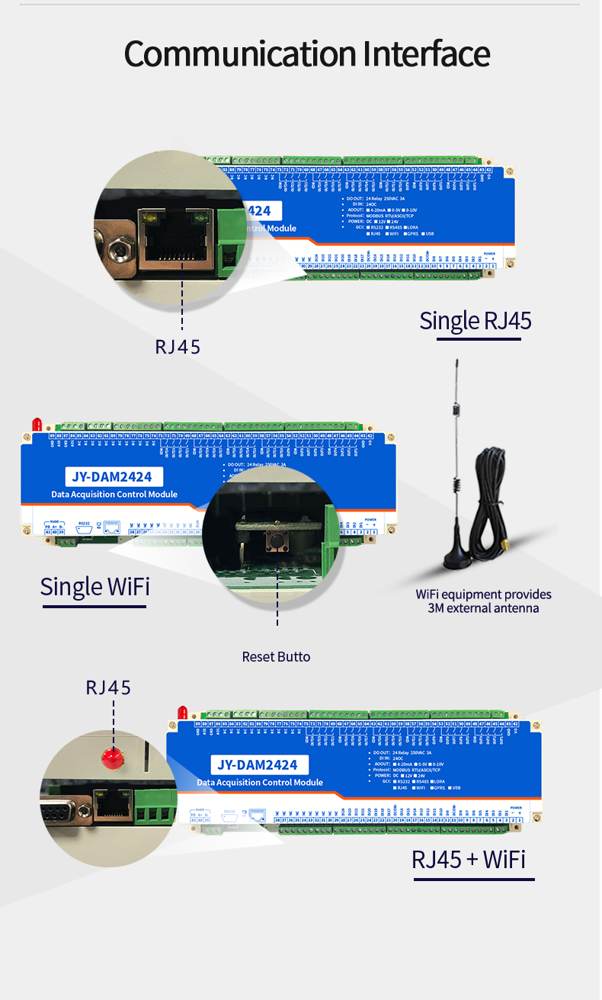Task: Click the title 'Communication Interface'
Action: tap(306, 54)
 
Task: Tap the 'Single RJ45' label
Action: tap(475, 321)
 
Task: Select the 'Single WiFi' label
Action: tap(94, 586)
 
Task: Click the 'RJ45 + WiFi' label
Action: tap(469, 859)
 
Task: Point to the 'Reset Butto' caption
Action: tap(276, 656)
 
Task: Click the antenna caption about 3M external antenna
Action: tap(483, 601)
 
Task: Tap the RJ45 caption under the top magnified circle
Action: tap(178, 347)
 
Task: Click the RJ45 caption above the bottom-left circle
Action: tap(108, 687)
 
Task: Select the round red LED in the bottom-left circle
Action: tap(113, 758)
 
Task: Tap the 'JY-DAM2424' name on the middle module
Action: tap(112, 477)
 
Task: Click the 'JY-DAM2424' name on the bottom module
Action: tap(258, 764)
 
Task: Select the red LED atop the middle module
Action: tap(35, 425)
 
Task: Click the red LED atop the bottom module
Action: tap(182, 713)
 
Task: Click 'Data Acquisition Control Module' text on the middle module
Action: tap(114, 494)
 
